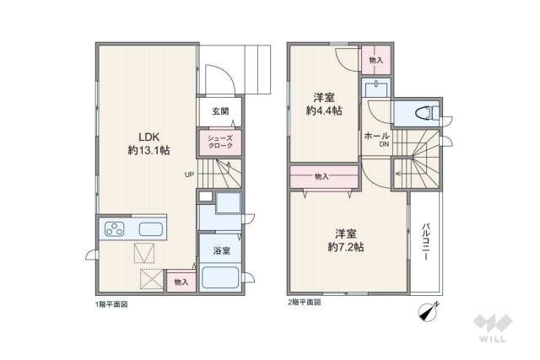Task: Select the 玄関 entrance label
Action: point(220,111)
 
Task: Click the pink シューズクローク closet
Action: point(220,142)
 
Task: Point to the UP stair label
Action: point(191,175)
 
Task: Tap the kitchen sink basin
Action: point(152,228)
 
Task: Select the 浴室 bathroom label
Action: point(220,250)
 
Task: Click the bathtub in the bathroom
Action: point(220,277)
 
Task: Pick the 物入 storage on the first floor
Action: point(181,281)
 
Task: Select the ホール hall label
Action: point(376,136)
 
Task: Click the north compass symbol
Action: point(427,309)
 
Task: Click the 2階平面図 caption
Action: point(305,301)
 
